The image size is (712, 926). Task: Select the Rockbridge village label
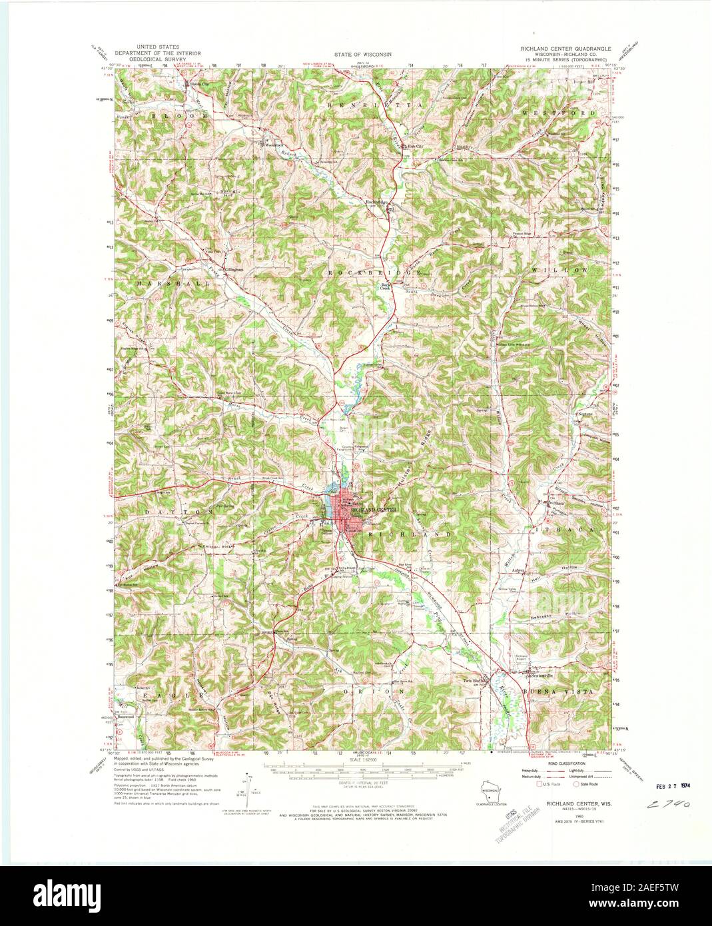[376, 202]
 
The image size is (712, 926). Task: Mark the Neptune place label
[584, 413]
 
